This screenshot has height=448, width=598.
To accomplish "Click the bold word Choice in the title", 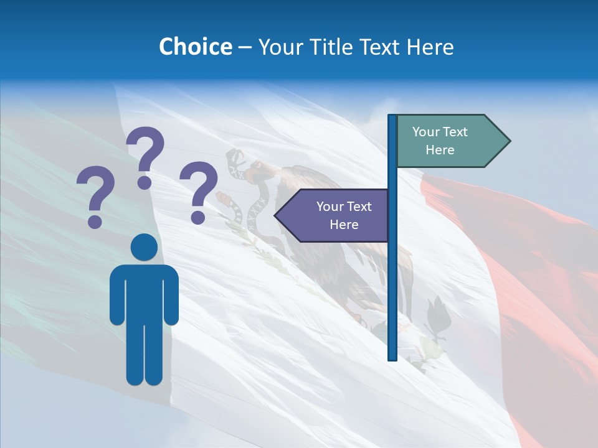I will tap(195, 47).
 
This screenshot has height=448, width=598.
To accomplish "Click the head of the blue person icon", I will tap(144, 247).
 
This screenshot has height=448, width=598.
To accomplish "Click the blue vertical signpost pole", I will tap(392, 280).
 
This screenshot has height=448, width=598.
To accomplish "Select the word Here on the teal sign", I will tap(440, 150).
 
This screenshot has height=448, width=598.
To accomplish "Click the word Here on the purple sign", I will tap(344, 225).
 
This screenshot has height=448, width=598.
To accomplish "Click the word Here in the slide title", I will tap(430, 47).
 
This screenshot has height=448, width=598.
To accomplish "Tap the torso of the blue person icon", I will tap(144, 292).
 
